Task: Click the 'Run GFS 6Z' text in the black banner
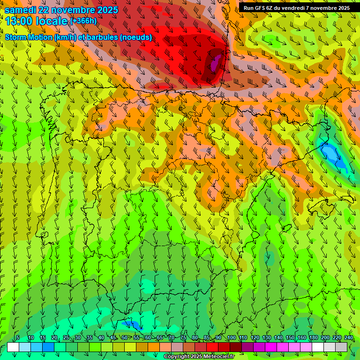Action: click(258, 7)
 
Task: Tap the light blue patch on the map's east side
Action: click(331, 153)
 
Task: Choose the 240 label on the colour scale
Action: click(349, 337)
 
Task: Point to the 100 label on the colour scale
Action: click(232, 337)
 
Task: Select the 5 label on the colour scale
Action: click(18, 337)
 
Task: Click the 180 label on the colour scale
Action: click(314, 337)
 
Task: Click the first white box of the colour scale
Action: click(13, 347)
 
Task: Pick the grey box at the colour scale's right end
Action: click(341, 347)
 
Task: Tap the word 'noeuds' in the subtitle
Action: click(138, 37)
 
